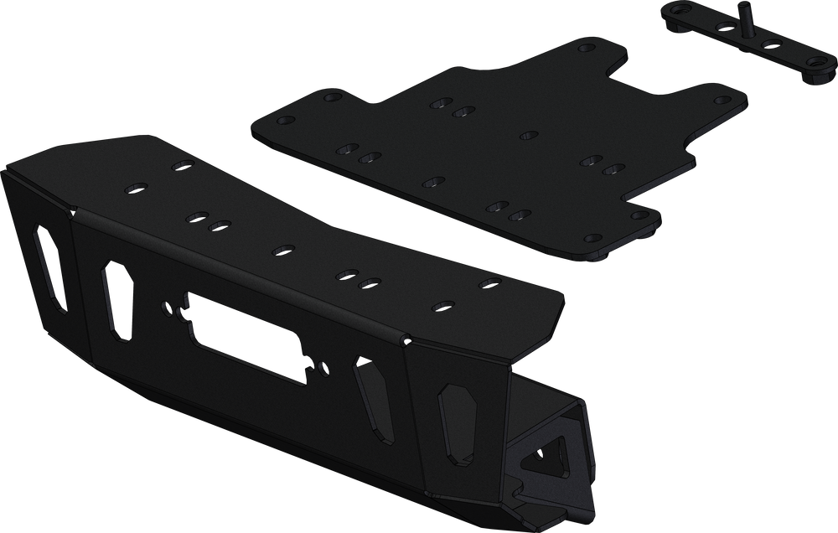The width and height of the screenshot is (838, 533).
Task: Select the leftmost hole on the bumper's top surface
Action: [131, 187]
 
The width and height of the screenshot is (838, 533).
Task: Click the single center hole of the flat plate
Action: [526, 135]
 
